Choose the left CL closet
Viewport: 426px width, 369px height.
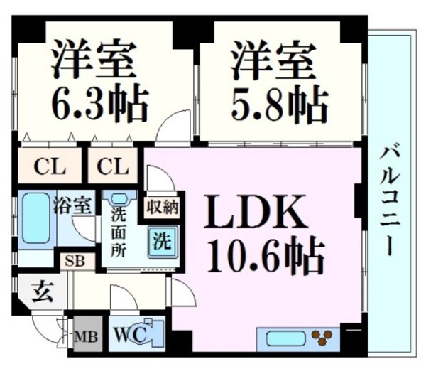coord(49,168)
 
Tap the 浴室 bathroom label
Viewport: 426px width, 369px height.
coord(72,207)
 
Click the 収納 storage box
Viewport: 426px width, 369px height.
coord(163,208)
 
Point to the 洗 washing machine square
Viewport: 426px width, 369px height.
coord(163,240)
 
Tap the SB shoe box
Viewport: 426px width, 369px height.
coord(75,260)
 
